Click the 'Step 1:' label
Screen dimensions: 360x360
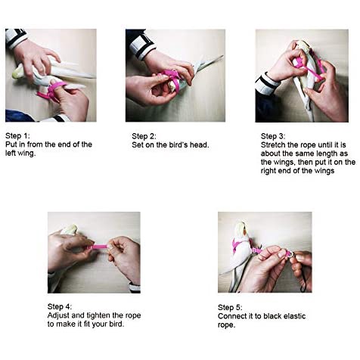(17, 135)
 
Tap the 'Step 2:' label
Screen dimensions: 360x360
(144, 136)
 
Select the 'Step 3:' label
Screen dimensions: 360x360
(273, 136)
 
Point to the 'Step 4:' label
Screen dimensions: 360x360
(60, 306)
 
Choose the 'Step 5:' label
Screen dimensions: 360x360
(230, 307)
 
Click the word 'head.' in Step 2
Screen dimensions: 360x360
(200, 144)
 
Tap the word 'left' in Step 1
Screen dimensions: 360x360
(11, 153)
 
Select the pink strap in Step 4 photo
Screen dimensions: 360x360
(98, 247)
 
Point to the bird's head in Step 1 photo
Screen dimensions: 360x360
(19, 73)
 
